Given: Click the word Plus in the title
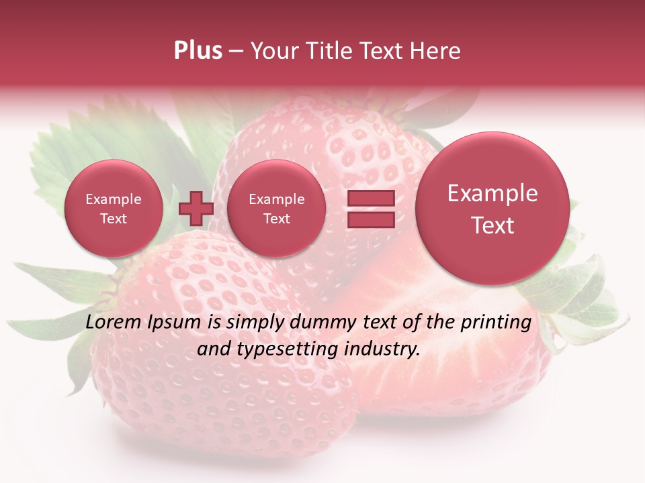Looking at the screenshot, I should tap(198, 51).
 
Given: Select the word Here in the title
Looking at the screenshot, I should tap(437, 51).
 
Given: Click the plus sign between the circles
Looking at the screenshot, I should tap(196, 209).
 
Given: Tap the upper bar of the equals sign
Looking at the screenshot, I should tap(370, 198).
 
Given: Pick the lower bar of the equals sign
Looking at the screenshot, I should tap(370, 220).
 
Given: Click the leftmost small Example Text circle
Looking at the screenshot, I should tap(114, 209).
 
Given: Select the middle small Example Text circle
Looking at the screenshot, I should tap(277, 209).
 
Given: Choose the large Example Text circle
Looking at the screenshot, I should tap(492, 209).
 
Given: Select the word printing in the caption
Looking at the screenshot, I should tap(496, 323).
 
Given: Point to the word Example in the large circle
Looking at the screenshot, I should tap(492, 193).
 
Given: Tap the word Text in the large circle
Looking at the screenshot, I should tap(492, 225).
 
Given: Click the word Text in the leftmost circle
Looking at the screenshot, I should tap(114, 219).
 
